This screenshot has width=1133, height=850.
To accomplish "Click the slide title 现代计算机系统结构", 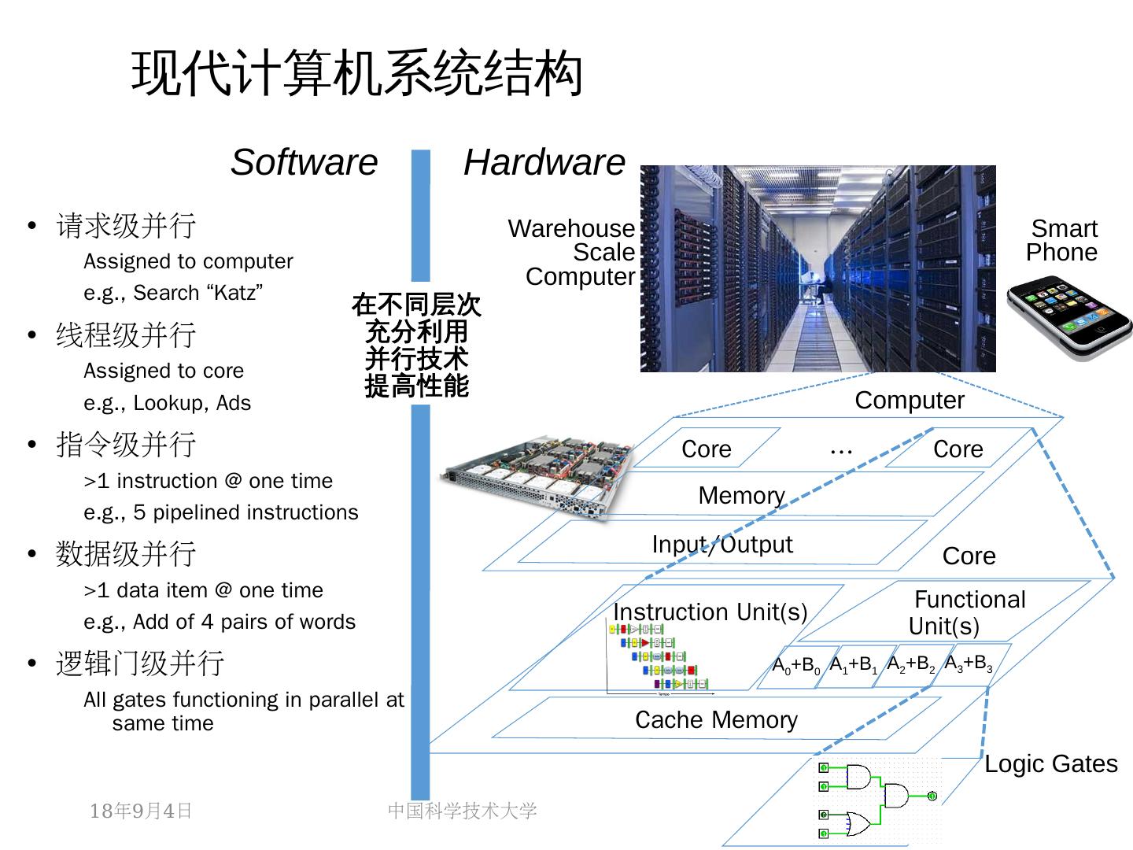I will (x=356, y=74).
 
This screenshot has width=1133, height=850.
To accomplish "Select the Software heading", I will (x=304, y=162).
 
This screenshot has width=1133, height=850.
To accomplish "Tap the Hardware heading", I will (x=544, y=162).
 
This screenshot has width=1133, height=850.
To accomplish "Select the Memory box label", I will (x=741, y=495).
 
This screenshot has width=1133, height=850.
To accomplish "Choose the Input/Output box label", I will (x=722, y=544).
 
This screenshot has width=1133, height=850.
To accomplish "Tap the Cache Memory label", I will (x=716, y=719).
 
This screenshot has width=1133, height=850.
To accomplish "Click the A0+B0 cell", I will (x=796, y=666).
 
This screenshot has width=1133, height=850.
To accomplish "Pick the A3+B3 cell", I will (x=968, y=663).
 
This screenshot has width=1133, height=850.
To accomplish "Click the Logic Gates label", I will (x=1050, y=763).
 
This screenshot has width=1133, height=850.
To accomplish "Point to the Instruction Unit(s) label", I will (x=710, y=612).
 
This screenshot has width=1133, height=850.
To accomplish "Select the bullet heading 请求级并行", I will (x=126, y=226).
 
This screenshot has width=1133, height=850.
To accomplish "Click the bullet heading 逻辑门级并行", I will (x=140, y=663).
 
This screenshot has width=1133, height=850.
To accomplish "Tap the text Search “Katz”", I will (x=197, y=293).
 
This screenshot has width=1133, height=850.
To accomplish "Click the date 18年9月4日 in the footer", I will (x=141, y=811).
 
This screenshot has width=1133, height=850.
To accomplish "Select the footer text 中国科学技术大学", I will (x=462, y=811).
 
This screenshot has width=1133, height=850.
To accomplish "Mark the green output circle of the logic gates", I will (x=932, y=796).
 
